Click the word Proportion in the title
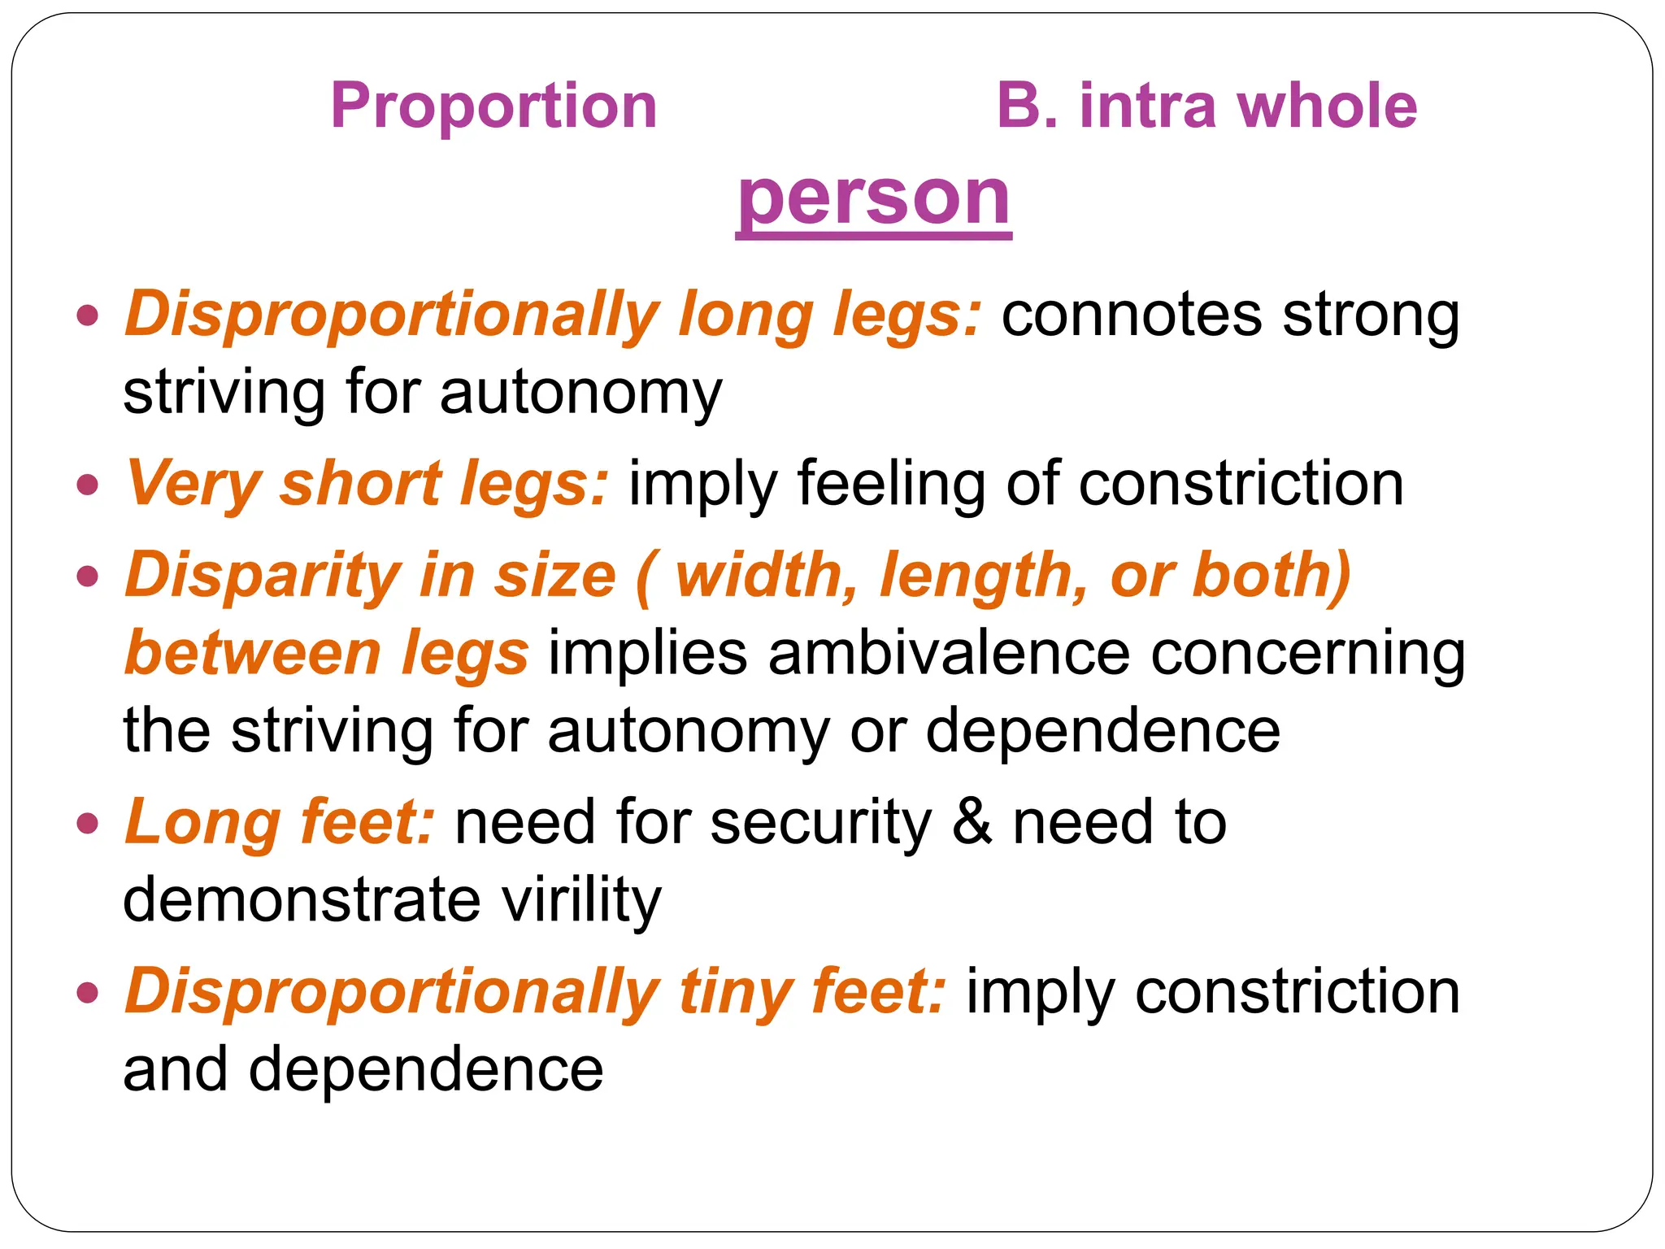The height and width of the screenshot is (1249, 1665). click(x=493, y=106)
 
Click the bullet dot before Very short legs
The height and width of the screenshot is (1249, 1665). click(x=88, y=485)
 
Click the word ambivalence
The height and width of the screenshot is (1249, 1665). click(x=949, y=653)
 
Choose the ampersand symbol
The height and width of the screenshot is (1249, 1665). click(x=972, y=822)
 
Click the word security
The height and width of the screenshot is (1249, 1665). click(x=820, y=822)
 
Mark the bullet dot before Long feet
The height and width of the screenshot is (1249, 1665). click(x=88, y=824)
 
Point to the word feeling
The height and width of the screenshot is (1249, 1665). click(x=891, y=484)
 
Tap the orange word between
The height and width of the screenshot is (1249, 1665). click(x=253, y=653)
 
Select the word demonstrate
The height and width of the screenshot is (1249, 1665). click(x=302, y=900)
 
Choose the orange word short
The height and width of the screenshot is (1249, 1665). click(x=360, y=484)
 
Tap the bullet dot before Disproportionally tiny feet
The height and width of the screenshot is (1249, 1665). click(x=88, y=993)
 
